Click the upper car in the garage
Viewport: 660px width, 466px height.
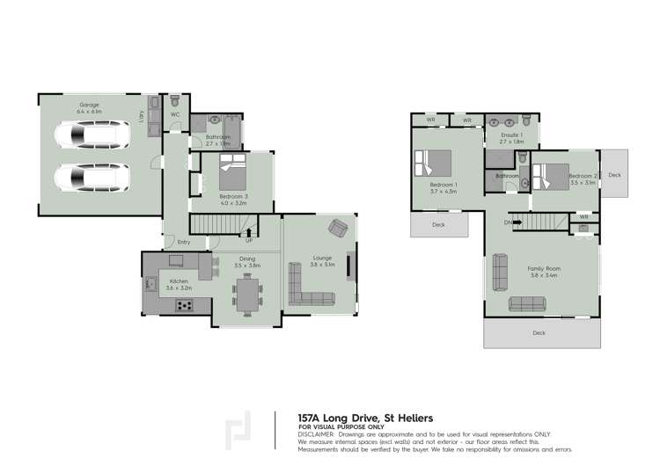[x=92, y=136]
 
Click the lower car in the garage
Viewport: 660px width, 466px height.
[x=92, y=178]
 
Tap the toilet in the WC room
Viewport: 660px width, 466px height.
[x=175, y=100]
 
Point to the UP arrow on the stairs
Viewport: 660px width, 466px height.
[x=250, y=234]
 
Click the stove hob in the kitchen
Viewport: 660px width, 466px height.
[x=186, y=305]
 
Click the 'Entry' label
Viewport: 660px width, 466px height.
[x=184, y=243]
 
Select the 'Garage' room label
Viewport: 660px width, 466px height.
[x=88, y=105]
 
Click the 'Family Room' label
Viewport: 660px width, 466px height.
[x=543, y=268]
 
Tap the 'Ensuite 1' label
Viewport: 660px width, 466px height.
[x=511, y=135]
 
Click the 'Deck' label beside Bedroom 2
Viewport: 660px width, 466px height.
[x=614, y=175]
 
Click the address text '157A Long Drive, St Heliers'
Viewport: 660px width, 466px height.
[x=366, y=418]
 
